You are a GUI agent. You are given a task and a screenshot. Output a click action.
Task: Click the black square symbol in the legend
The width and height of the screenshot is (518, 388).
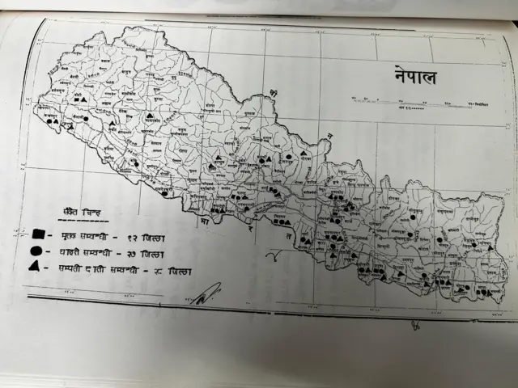(37, 234)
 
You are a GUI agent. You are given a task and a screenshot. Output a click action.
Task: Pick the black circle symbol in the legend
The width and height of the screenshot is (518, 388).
(36, 251)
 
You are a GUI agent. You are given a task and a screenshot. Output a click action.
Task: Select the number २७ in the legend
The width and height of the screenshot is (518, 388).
(146, 252)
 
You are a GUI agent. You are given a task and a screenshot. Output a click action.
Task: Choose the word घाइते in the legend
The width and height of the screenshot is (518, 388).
(67, 251)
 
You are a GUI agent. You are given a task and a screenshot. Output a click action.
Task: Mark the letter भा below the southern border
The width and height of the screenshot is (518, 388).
(206, 219)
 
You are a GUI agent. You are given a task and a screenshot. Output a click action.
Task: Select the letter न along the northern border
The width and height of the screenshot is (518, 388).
(330, 136)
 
